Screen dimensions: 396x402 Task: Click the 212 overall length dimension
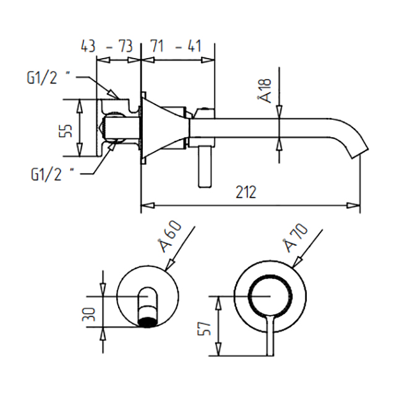(x=247, y=192)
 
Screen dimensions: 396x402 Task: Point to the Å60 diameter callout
(x=169, y=238)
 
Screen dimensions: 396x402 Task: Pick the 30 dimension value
(x=90, y=314)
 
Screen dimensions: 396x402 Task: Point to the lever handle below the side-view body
(x=204, y=167)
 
